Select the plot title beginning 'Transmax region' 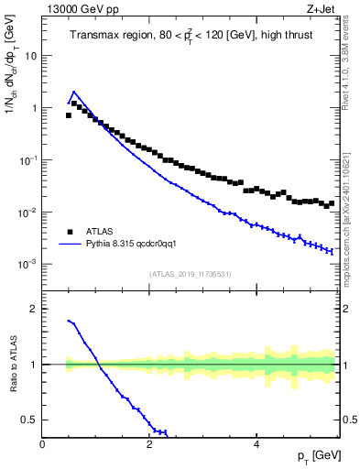point(191,36)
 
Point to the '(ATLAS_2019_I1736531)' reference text point(191,273)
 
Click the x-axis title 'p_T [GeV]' point(318,455)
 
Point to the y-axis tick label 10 point(30,56)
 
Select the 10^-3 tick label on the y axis point(27,264)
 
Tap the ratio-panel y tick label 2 point(33,310)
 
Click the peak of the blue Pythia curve point(73,92)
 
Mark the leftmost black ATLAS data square point(69,115)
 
